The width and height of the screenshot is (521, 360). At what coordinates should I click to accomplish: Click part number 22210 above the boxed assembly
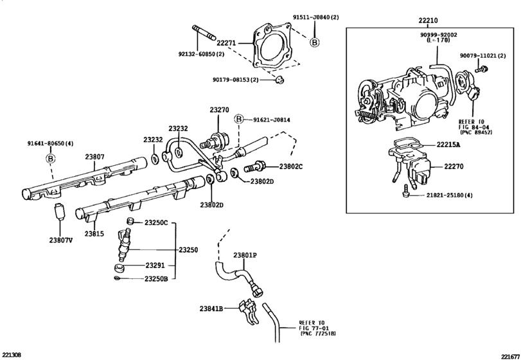tap(428, 21)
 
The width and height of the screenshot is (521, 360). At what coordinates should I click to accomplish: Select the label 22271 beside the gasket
tap(226, 43)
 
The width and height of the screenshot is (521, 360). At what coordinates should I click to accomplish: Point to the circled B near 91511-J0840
tap(314, 42)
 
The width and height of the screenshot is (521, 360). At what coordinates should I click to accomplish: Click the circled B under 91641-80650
tap(50, 159)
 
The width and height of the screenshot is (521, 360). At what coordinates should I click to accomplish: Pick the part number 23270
tap(219, 110)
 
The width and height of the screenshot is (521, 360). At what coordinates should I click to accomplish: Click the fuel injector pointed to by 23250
tap(124, 246)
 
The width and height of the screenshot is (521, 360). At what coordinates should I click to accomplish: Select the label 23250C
tap(156, 222)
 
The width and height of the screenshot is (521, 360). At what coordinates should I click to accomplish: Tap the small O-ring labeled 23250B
tap(117, 278)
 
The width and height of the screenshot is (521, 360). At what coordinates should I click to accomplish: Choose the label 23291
tap(155, 265)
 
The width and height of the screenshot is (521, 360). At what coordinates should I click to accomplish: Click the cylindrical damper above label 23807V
tap(60, 211)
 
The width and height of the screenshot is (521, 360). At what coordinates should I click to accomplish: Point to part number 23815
tap(94, 234)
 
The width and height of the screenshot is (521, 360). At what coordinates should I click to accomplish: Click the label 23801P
tap(245, 255)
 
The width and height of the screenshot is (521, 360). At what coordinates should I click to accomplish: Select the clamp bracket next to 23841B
tap(247, 312)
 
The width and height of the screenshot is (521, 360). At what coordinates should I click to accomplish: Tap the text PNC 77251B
tap(318, 333)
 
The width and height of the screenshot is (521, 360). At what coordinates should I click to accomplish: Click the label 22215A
tap(448, 145)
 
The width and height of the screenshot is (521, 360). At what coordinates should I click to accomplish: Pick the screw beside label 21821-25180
tap(405, 191)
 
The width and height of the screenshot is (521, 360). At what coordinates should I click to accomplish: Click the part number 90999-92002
tap(438, 35)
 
